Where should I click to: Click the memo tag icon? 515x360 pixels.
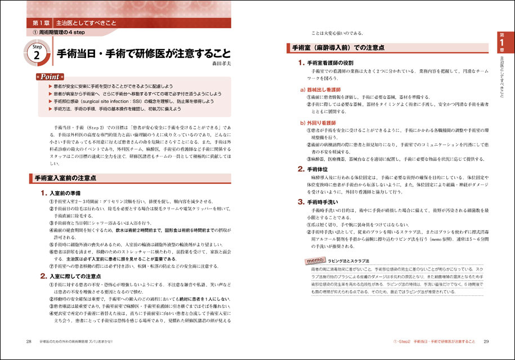[313, 261]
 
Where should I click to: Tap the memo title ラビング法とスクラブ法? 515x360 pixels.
[350, 262]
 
